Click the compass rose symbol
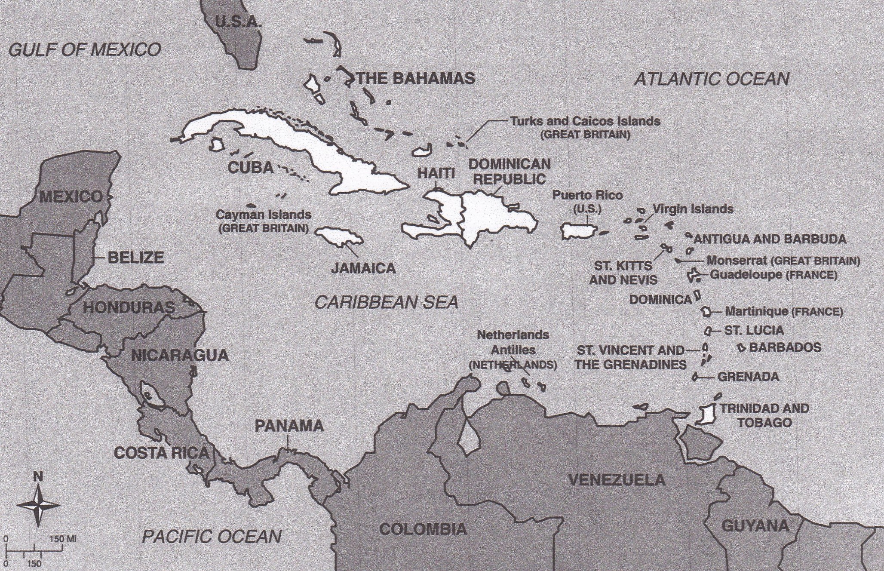click(x=38, y=506)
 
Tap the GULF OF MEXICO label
click(x=85, y=50)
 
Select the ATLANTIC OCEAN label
click(x=712, y=79)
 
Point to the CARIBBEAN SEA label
click(x=386, y=303)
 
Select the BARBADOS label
click(x=785, y=347)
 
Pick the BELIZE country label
click(x=135, y=258)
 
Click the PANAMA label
click(x=289, y=426)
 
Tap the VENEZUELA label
click(x=617, y=480)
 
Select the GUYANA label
click(x=755, y=525)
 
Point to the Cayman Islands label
click(x=263, y=215)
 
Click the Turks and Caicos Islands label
click(x=585, y=122)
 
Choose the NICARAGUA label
click(x=179, y=356)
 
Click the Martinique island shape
click(x=706, y=312)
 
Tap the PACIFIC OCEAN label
click(x=212, y=537)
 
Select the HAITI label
click(x=436, y=173)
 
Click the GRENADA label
click(x=748, y=377)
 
